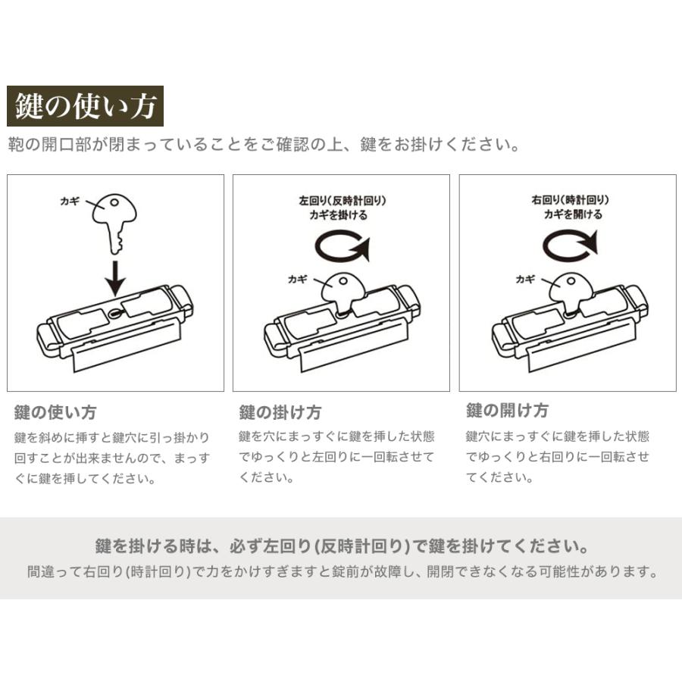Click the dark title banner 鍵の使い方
pyautogui.click(x=85, y=107)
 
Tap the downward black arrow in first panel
pyautogui.click(x=115, y=278)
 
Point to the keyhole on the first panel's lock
pyautogui.click(x=114, y=312)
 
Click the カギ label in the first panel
pyautogui.click(x=69, y=202)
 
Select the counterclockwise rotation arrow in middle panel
pyautogui.click(x=343, y=247)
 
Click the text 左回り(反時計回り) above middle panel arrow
pyautogui.click(x=343, y=201)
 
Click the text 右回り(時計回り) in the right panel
pyautogui.click(x=571, y=200)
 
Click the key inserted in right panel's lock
pyautogui.click(x=571, y=291)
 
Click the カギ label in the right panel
pyautogui.click(x=526, y=279)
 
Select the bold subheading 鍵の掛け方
pyautogui.click(x=280, y=413)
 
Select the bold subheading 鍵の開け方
pyautogui.click(x=507, y=411)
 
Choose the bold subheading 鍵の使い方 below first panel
pyautogui.click(x=55, y=413)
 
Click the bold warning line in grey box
pyautogui.click(x=343, y=546)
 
